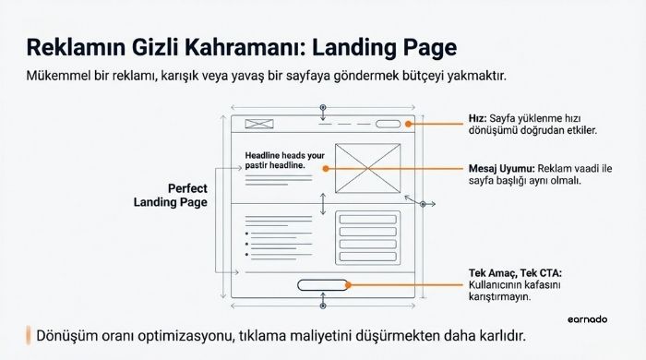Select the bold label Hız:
(x=478, y=118)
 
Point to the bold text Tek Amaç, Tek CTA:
(x=514, y=274)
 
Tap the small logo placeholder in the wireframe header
(x=258, y=124)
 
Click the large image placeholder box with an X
(x=367, y=169)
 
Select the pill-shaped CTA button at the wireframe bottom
(x=322, y=284)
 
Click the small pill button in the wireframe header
(x=388, y=124)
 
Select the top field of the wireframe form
(x=367, y=219)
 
